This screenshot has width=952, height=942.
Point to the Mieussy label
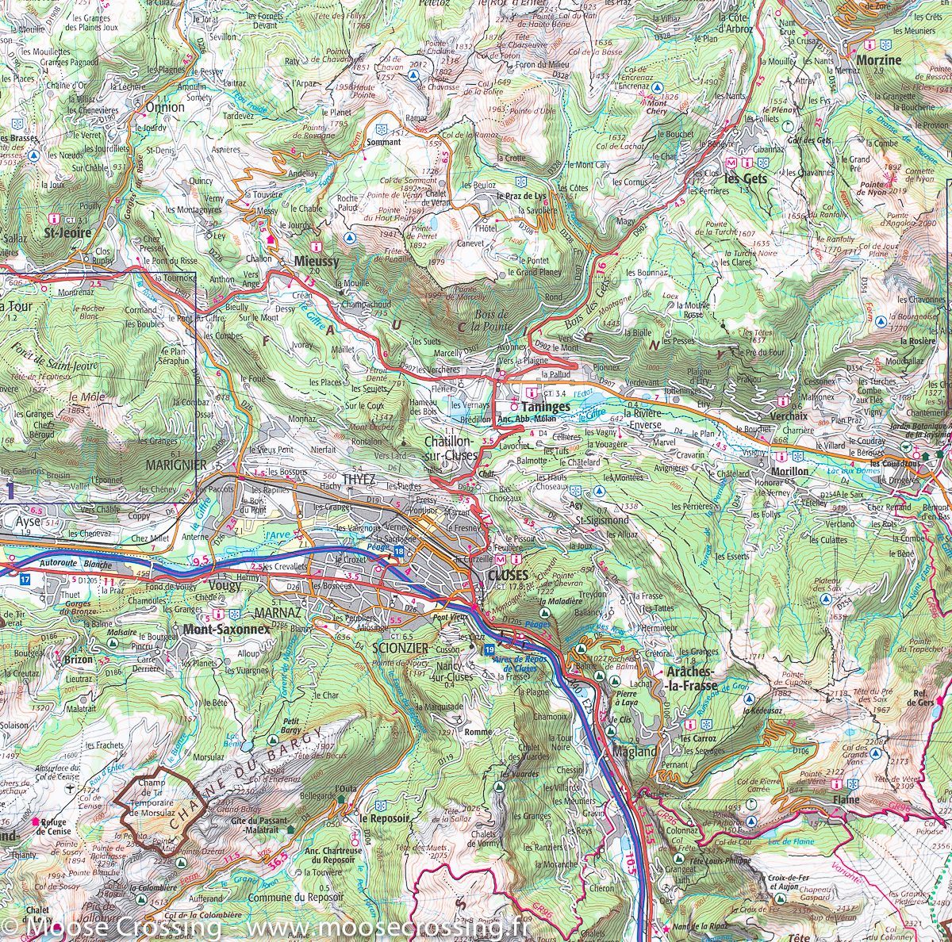pyautogui.click(x=316, y=260)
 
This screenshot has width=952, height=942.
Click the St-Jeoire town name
pyautogui.click(x=68, y=233)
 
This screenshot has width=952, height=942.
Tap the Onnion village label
pyautogui.click(x=165, y=106)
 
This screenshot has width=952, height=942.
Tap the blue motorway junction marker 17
pyautogui.click(x=25, y=580)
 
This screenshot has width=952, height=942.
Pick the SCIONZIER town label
pyautogui.click(x=400, y=648)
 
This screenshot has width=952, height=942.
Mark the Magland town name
pyautogui.click(x=635, y=752)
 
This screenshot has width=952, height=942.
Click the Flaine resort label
pyautogui.click(x=846, y=800)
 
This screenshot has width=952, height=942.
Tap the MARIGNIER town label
pyautogui.click(x=176, y=465)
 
